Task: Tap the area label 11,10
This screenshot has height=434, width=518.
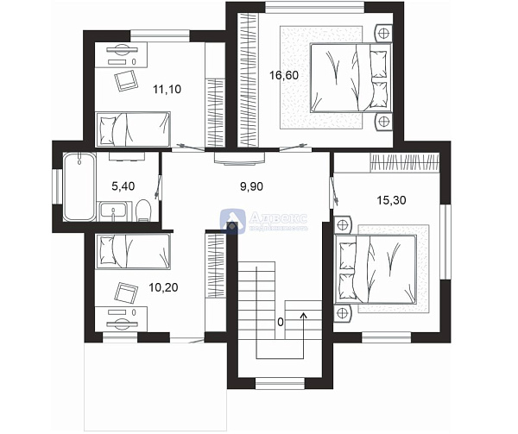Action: tap(165, 88)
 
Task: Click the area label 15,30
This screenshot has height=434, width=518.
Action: tap(391, 199)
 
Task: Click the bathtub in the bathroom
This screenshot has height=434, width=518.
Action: tap(78, 185)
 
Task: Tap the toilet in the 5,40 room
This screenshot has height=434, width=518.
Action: tap(143, 210)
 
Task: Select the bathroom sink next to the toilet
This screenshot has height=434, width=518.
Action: tap(113, 210)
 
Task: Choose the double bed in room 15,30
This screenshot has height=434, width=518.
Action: tap(382, 267)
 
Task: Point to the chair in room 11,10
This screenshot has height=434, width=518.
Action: tap(125, 79)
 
